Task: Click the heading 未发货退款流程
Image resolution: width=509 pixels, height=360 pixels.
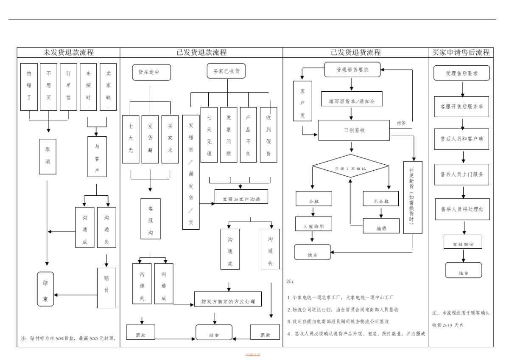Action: click(69, 53)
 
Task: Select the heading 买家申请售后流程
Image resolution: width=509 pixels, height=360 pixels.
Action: click(461, 53)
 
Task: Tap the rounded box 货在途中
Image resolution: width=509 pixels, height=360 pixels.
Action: click(152, 72)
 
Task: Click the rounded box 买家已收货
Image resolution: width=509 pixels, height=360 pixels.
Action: click(227, 71)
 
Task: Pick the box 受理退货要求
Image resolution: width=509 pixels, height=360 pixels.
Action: click(352, 70)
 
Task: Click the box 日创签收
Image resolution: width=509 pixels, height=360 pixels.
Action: click(354, 130)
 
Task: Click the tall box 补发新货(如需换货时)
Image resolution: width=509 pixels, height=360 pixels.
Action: click(412, 197)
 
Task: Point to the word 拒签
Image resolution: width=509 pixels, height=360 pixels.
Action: click(401, 123)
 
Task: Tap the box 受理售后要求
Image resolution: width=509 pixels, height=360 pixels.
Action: click(461, 73)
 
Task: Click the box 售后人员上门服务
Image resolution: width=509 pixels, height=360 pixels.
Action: click(461, 174)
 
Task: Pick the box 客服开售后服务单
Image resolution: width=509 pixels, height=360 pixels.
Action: click(461, 107)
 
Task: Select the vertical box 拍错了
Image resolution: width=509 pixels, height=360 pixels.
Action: click(29, 87)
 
